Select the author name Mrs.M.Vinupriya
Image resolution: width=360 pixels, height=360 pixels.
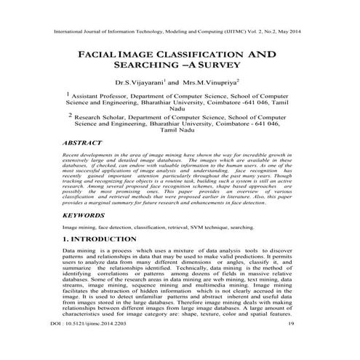(212, 84)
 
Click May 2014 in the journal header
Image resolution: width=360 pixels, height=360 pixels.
(292, 33)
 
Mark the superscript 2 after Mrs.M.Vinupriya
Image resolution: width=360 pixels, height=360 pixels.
(247, 81)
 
